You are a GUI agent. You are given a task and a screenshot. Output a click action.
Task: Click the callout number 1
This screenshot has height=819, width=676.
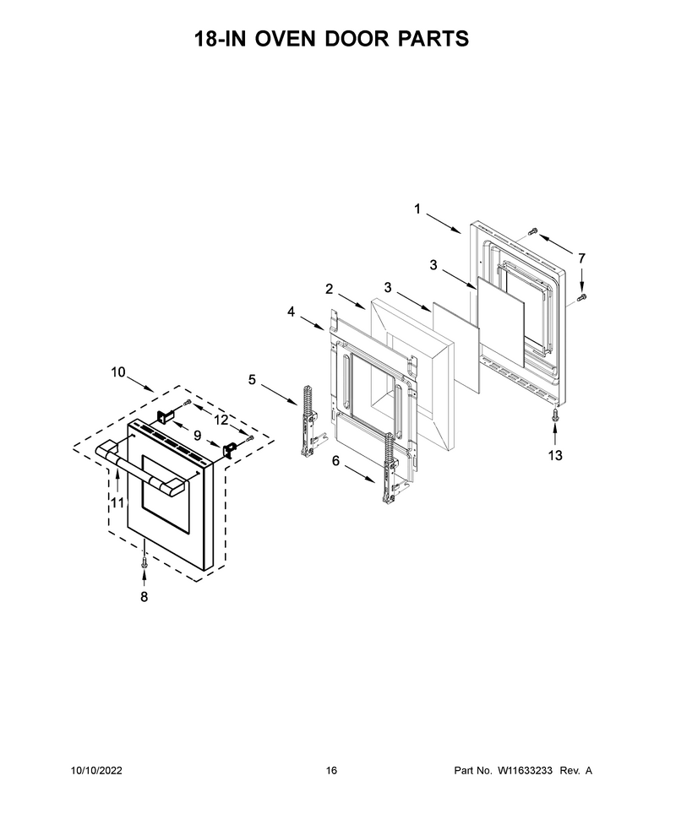coord(417,209)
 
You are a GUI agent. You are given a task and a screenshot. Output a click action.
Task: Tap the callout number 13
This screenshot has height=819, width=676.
coord(555,455)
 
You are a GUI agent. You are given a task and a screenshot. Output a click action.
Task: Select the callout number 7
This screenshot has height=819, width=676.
coord(581,258)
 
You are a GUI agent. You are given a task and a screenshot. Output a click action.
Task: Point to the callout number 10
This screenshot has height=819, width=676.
coord(118,372)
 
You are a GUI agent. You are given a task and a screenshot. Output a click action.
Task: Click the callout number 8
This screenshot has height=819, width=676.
coord(144,596)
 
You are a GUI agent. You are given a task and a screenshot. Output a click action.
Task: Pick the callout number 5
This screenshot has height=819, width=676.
coord(252,380)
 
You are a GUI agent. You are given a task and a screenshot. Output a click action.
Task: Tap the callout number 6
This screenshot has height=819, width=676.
coord(335,461)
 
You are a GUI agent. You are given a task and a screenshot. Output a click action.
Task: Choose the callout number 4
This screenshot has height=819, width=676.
coord(291,312)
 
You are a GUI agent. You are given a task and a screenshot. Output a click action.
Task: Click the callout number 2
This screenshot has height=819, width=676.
coord(329,289)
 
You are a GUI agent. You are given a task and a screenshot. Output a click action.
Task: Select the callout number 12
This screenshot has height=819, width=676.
coord(221,420)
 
